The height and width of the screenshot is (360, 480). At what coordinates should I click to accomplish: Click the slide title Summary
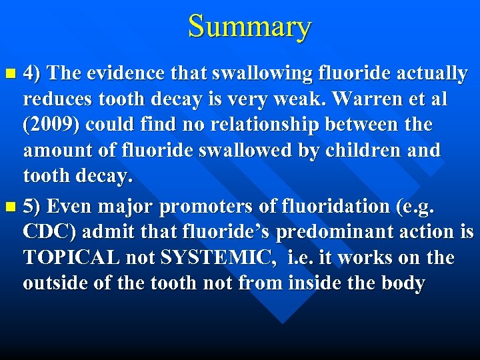pyautogui.click(x=249, y=27)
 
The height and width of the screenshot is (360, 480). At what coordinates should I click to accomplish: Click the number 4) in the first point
pyautogui.click(x=33, y=73)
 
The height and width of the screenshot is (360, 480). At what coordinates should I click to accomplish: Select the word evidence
pyautogui.click(x=119, y=73)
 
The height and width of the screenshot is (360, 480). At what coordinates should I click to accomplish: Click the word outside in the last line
pyautogui.click(x=58, y=283)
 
